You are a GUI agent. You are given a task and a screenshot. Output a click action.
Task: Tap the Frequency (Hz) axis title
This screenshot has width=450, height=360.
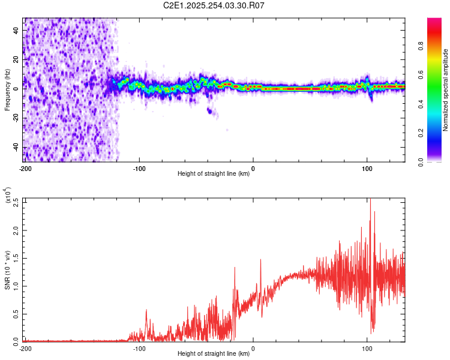coord(8,89)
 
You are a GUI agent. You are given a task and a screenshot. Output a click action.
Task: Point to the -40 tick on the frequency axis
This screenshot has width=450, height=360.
coord(15,147)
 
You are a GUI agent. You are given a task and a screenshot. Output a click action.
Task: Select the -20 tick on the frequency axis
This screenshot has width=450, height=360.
coord(15,118)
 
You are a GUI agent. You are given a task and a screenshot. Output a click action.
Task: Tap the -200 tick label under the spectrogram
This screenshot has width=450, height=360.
coord(25,168)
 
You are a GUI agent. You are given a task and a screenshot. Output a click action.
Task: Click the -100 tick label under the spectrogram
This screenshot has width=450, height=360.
coord(139,168)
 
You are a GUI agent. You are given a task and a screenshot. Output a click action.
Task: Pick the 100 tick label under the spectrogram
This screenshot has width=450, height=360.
coord(367,168)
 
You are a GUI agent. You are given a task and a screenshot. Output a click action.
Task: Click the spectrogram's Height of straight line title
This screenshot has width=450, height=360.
coord(214,174)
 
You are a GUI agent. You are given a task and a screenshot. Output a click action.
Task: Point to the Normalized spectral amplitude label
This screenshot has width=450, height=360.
coord(446,90)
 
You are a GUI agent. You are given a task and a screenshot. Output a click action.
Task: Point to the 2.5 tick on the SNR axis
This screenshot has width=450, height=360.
coord(16,202)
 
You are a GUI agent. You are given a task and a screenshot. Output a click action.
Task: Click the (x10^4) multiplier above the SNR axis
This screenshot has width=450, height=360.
coord(8,196)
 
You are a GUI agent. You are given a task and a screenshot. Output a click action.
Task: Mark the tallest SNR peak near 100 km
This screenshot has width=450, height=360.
coord(370,200)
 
